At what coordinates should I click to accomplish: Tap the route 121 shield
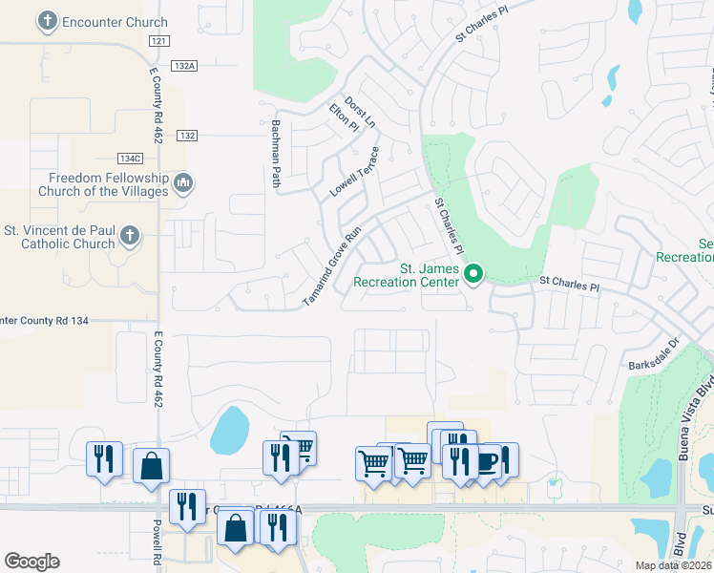(x=159, y=41)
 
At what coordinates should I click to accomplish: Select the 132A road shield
(x=185, y=66)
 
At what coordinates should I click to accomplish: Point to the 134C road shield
(x=130, y=158)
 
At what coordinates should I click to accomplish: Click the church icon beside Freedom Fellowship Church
(x=185, y=181)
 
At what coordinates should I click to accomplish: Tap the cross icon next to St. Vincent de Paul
(x=131, y=234)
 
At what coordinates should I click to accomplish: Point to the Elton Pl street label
(x=344, y=118)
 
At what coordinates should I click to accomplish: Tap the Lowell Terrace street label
(x=355, y=172)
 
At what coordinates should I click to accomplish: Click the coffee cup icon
(x=488, y=462)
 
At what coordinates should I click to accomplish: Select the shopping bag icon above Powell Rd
(x=151, y=466)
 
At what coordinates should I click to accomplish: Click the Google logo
(x=31, y=562)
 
